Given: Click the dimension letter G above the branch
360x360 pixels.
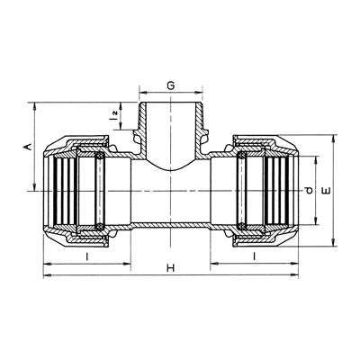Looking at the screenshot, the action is click(x=171, y=85).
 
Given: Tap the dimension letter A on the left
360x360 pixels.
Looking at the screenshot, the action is click(x=28, y=147).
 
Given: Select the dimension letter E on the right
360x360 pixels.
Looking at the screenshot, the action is click(x=326, y=191).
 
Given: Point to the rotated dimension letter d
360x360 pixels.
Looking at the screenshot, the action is click(x=309, y=190).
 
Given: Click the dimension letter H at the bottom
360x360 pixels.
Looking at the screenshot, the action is click(x=171, y=267).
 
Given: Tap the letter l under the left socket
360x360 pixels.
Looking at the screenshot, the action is click(x=87, y=256).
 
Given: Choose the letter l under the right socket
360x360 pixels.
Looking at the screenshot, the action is click(x=255, y=256).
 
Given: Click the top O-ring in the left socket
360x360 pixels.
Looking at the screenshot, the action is click(x=99, y=156).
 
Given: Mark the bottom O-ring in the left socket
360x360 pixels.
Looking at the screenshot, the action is click(x=99, y=227).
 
